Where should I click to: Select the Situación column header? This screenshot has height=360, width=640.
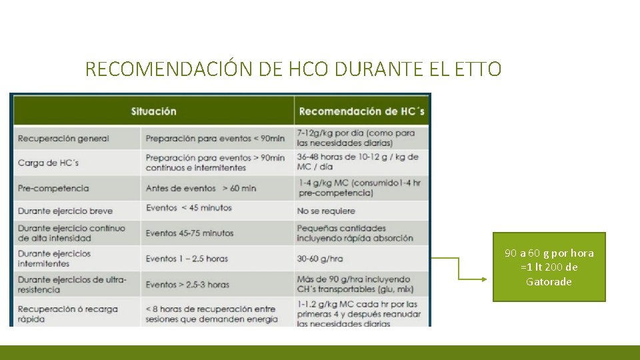pos(153,111)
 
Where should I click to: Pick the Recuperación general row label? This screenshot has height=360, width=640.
pos(63,139)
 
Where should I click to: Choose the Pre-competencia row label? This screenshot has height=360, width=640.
pos(53,188)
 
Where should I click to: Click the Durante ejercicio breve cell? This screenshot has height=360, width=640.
pos(65,211)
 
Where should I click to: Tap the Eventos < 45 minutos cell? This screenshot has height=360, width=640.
pos(189,208)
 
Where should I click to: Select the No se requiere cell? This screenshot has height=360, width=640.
pos(326,211)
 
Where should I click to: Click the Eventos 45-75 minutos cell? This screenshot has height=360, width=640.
pos(189,233)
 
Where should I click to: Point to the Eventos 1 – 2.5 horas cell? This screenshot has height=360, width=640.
pos(187,259)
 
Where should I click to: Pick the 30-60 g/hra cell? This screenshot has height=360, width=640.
pos(320,259)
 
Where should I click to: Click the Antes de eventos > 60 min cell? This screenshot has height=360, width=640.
pos(201,188)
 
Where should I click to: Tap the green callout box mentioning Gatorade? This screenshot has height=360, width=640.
pos(549,267)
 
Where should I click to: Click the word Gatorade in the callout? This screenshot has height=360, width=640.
pos(549,282)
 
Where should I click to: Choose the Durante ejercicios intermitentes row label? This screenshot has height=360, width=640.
pos(55,259)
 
